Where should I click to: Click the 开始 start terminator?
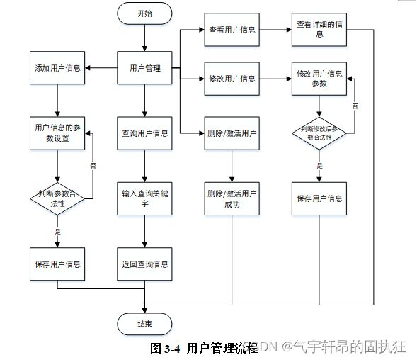(144, 13)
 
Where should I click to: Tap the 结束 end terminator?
(144, 324)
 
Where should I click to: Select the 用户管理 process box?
(144, 68)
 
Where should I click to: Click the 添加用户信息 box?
(57, 68)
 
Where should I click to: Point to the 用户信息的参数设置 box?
(57, 133)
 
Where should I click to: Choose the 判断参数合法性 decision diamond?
(57, 198)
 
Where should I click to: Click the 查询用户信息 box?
(144, 133)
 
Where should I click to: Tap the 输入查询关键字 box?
(144, 198)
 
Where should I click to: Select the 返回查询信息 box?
(144, 264)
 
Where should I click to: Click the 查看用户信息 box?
(232, 30)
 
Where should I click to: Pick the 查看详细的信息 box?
(319, 30)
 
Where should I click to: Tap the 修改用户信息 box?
(232, 79)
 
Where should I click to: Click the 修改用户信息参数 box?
(319, 79)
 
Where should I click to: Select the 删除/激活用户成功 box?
(232, 198)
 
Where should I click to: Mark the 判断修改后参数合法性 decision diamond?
(319, 133)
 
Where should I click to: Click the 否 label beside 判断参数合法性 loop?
(93, 166)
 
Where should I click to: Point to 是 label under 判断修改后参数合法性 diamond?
(319, 166)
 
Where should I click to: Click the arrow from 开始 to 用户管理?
(144, 38)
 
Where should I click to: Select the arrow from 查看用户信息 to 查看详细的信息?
(275, 30)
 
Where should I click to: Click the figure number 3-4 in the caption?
(172, 349)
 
